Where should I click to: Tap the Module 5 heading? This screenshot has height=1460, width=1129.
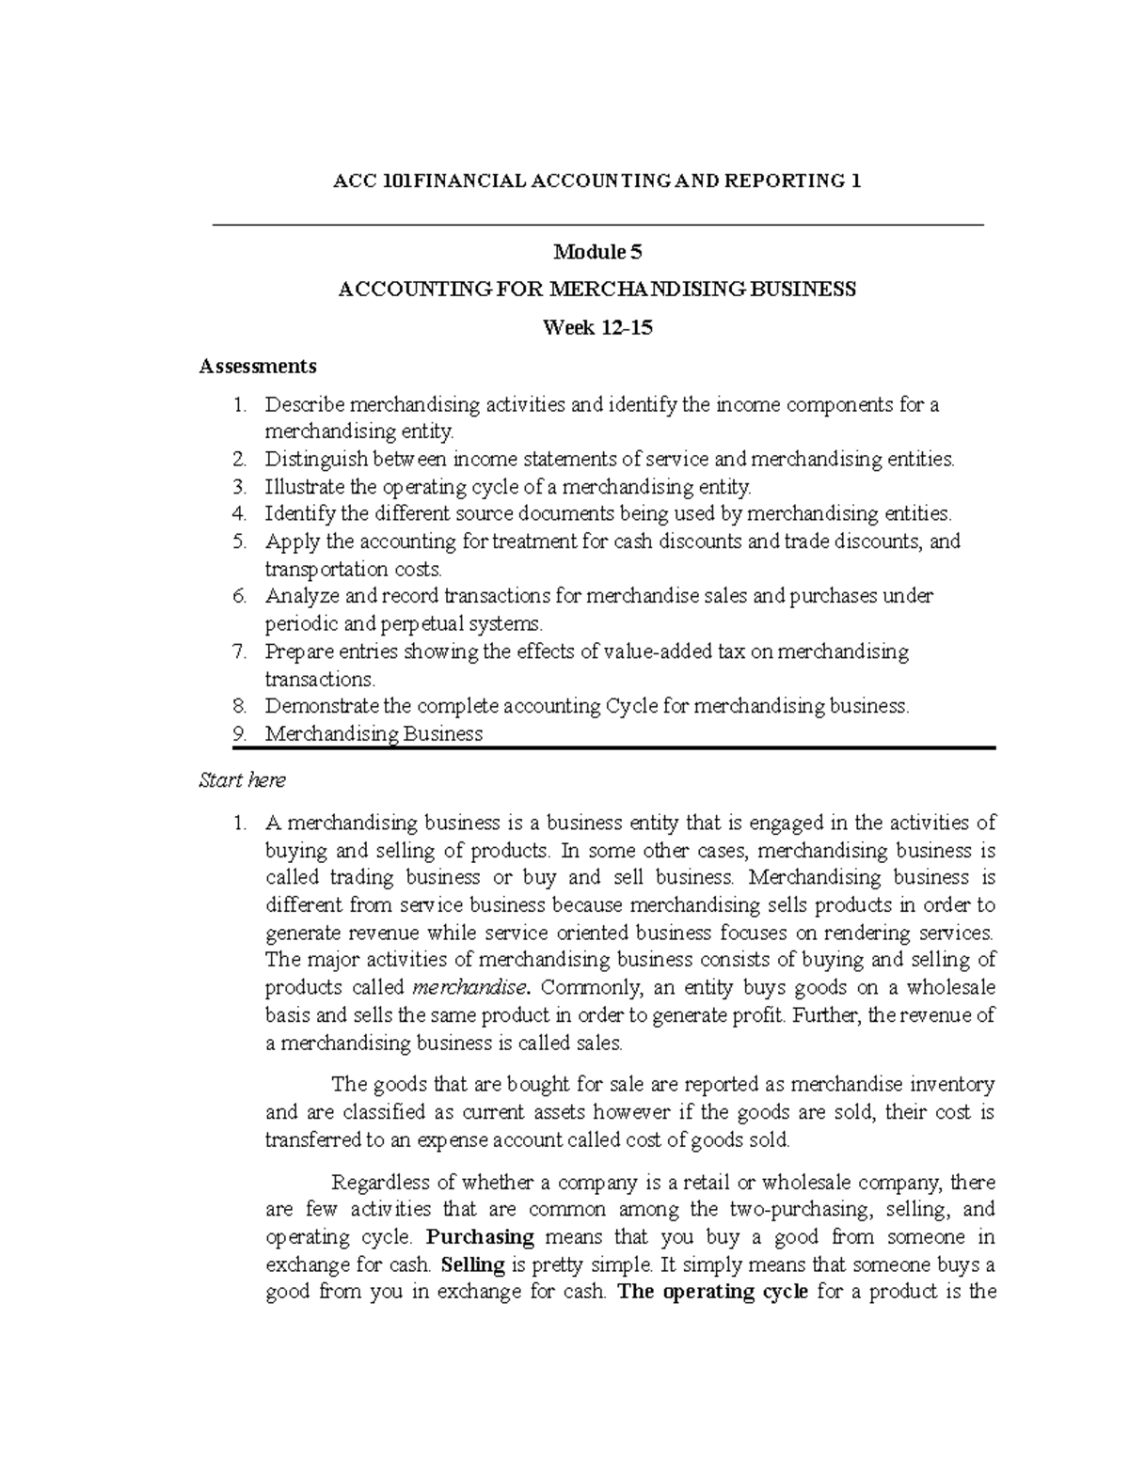(x=597, y=252)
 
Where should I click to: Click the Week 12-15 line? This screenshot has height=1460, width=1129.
(x=597, y=328)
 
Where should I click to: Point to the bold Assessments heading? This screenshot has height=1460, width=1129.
(x=258, y=366)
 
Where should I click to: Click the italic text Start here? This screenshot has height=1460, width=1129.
(x=242, y=780)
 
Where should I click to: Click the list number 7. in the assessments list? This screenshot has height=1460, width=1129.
(x=240, y=652)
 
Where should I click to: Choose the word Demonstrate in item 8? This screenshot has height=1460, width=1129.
(x=315, y=706)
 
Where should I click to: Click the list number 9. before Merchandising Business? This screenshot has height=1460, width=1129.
(x=240, y=734)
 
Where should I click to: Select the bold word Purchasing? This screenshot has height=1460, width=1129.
(x=480, y=1236)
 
